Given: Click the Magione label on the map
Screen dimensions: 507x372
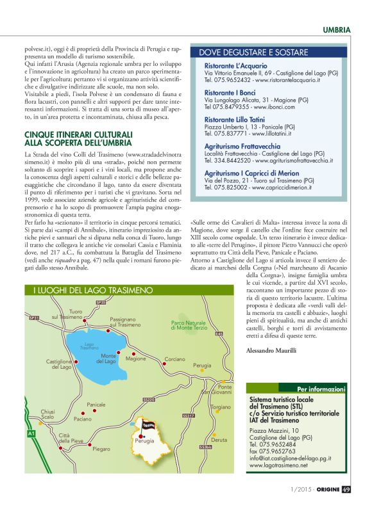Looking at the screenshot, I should point(136,359).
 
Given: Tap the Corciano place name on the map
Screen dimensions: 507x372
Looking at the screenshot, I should point(175,360).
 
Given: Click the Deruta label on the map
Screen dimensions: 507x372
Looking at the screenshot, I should point(219,440).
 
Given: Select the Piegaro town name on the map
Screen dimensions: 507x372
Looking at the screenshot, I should point(101,449).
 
